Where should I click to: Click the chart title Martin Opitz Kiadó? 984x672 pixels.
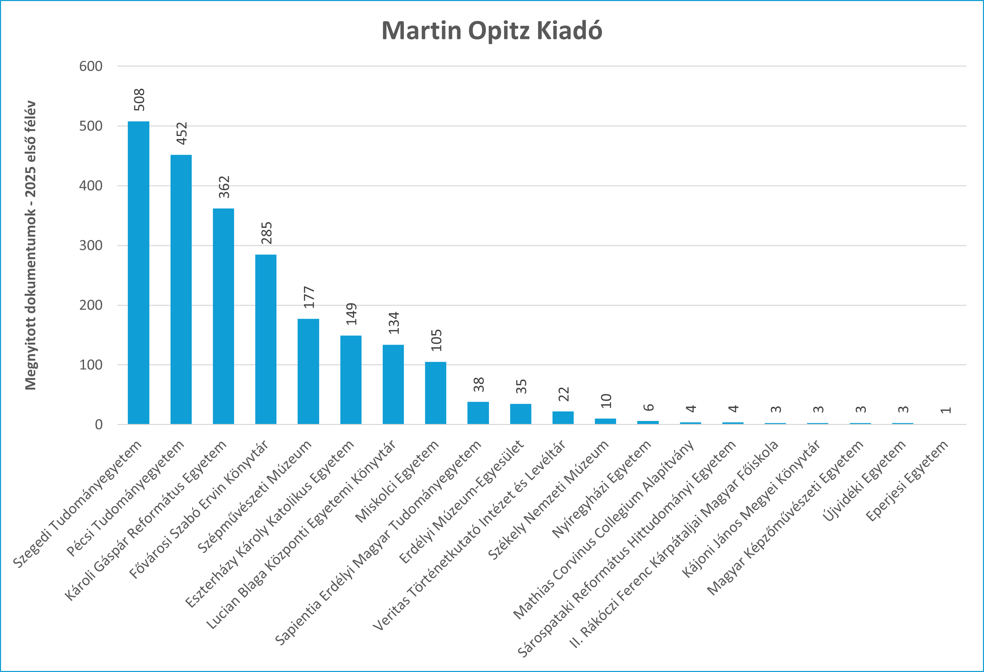[492, 31]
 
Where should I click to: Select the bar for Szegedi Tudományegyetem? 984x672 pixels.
[138, 273]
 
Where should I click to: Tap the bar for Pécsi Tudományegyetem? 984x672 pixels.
[181, 289]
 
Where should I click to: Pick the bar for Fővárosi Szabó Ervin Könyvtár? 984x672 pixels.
[265, 339]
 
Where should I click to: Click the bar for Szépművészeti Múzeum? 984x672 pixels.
[308, 371]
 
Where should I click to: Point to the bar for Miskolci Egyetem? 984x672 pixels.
[435, 393]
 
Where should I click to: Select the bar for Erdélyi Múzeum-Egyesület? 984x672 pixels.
[520, 414]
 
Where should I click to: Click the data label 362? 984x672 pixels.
[224, 187]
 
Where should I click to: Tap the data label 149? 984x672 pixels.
[352, 314]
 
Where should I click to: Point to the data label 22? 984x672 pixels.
[563, 394]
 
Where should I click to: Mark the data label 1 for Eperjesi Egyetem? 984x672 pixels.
[945, 410]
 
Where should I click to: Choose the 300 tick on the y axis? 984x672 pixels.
[91, 245]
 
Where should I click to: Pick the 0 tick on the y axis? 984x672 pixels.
[98, 424]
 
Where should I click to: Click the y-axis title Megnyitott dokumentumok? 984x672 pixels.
[30, 245]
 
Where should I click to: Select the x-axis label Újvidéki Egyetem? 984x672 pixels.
[864, 481]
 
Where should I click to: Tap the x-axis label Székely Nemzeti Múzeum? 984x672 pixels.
[548, 500]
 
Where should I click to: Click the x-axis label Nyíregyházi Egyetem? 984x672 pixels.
[602, 489]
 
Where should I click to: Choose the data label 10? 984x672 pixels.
[606, 401]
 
